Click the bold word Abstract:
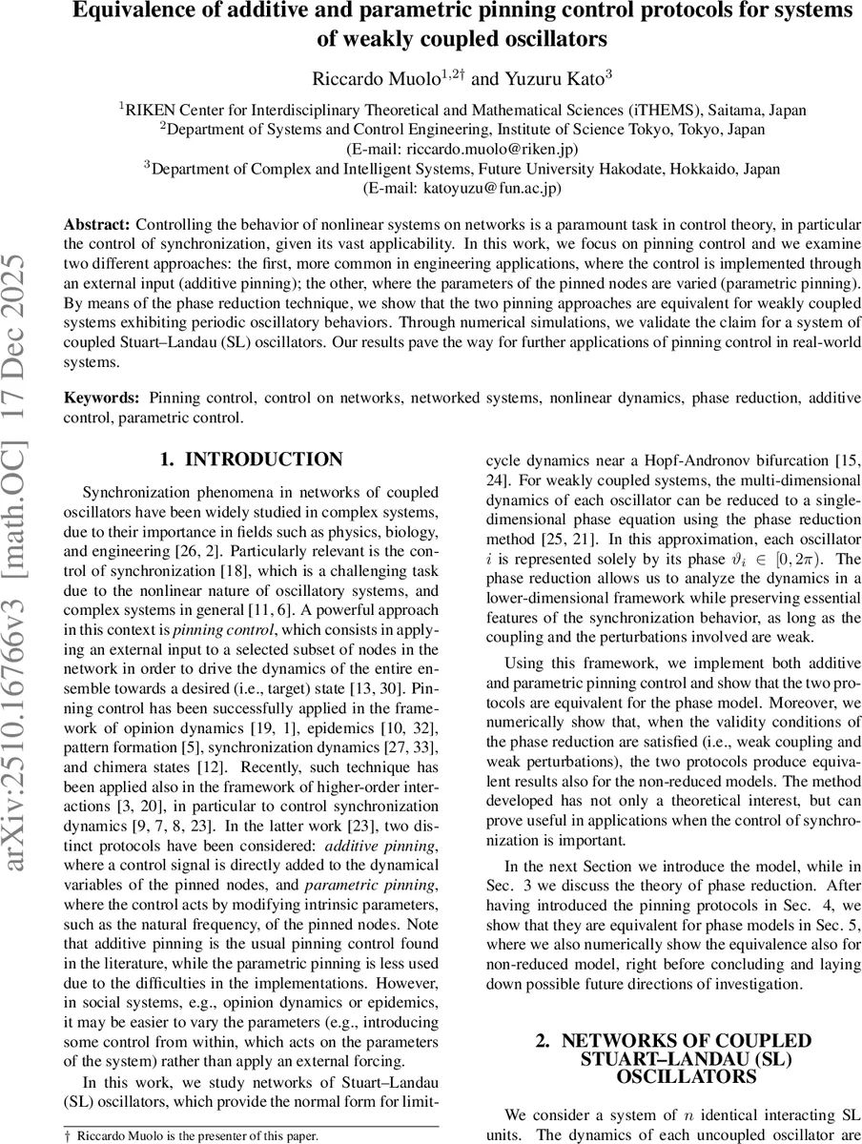point(97,225)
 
